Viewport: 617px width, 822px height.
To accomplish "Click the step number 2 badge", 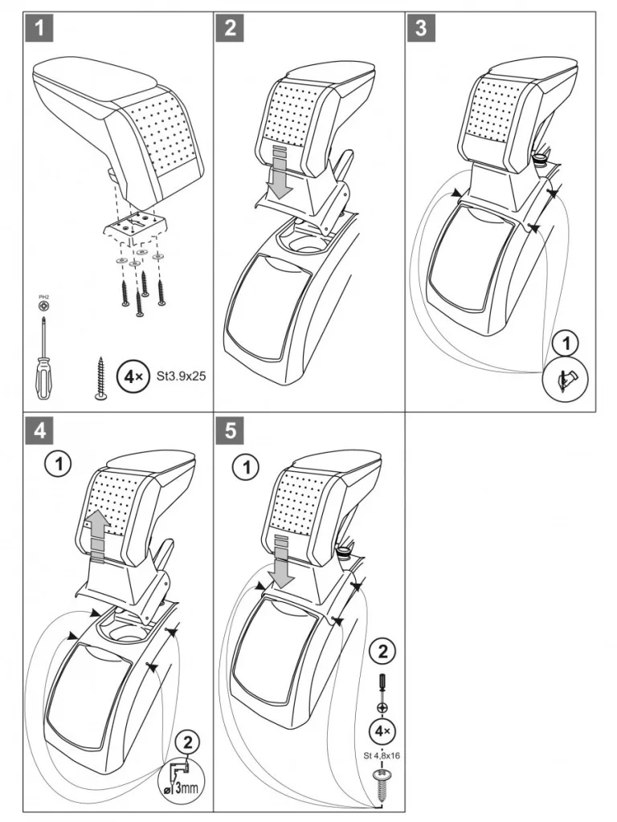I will [x=231, y=29].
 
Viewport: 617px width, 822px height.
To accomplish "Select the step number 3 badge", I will [x=420, y=29].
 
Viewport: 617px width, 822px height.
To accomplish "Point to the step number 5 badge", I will [x=231, y=431].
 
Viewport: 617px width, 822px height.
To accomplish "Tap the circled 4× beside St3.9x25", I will [x=132, y=375].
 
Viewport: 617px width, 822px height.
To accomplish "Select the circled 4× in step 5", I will [x=382, y=732].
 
